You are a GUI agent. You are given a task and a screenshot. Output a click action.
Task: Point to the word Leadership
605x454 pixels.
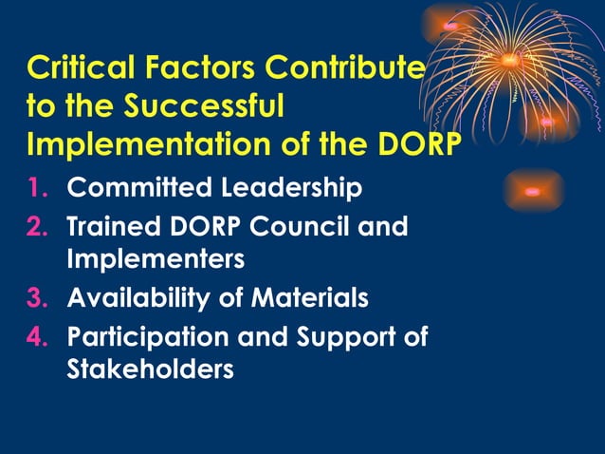point(291,188)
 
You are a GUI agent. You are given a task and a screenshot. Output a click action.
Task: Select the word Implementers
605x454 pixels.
point(156,258)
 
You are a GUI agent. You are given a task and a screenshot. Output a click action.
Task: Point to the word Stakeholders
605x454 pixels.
point(150,369)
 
